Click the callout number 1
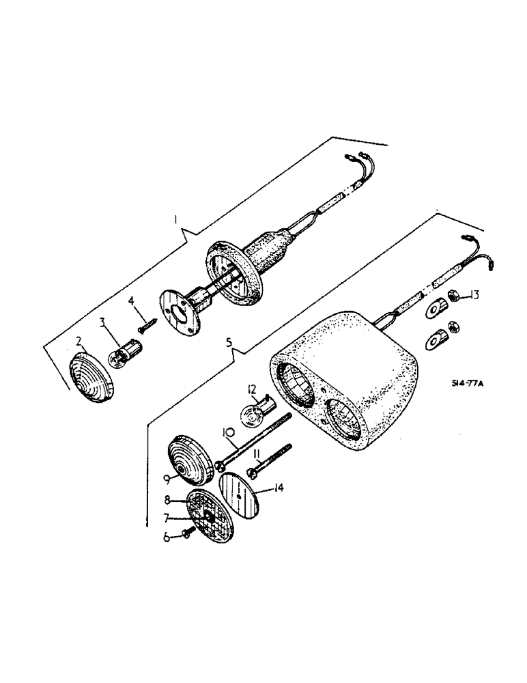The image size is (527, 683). (176, 220)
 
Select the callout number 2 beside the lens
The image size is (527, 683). (79, 341)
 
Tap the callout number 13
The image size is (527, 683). (474, 296)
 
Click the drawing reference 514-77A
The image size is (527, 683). (467, 384)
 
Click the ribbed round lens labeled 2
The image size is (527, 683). (91, 376)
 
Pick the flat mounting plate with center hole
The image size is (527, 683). (178, 311)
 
